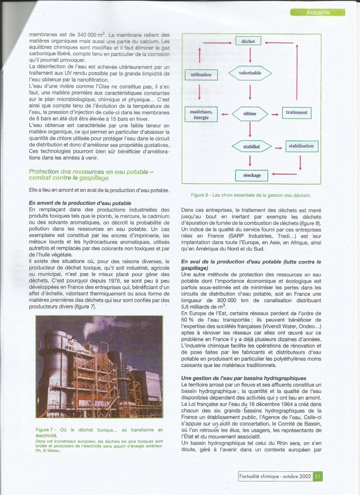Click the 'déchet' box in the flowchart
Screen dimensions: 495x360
point(248,42)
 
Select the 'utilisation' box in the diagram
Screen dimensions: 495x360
point(201,75)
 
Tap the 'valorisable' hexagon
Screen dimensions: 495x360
point(250,73)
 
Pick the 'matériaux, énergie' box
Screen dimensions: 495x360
point(201,115)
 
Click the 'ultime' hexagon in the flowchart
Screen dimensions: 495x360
point(250,114)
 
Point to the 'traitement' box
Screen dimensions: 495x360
point(297,113)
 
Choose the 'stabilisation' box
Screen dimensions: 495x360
point(301,146)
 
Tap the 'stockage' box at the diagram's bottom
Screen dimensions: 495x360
point(252,175)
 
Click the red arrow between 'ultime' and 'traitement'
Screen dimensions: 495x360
point(274,115)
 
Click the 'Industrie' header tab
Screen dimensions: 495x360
point(317,13)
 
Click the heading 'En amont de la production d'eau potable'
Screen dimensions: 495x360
point(80,203)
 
